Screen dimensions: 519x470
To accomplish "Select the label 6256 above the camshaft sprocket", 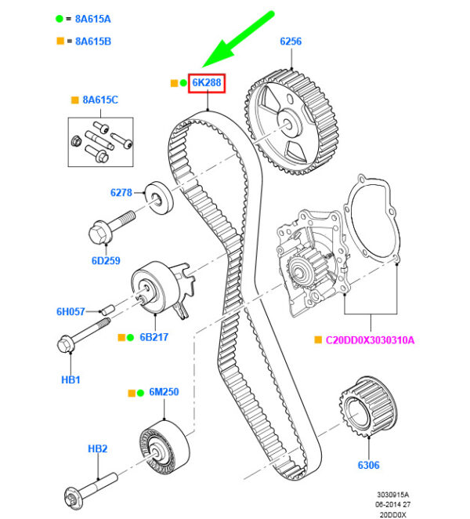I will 291,42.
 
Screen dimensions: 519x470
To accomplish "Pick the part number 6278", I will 121,191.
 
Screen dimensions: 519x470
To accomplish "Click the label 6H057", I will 70,311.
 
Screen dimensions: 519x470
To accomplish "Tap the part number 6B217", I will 154,337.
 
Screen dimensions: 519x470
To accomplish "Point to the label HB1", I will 70,379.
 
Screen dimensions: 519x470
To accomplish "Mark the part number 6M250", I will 164,392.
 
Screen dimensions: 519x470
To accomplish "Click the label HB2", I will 97,448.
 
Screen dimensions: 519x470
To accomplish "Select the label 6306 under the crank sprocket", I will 368,465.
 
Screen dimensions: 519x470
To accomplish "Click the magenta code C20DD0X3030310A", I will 370,339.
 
